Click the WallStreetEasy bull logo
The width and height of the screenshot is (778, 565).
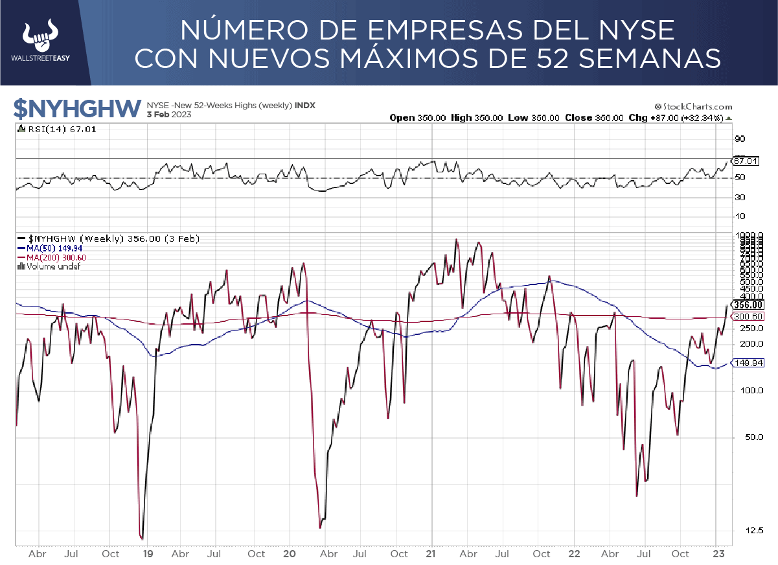(x=41, y=38)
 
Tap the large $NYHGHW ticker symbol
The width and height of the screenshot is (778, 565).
(x=78, y=109)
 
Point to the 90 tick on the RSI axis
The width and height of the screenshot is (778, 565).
(x=740, y=139)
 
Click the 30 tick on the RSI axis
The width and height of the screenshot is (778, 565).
(x=740, y=198)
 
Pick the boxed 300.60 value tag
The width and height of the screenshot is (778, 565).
(x=746, y=316)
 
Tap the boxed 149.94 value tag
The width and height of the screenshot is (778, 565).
(x=746, y=363)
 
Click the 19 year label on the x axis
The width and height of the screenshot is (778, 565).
(x=148, y=554)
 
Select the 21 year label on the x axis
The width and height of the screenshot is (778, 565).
(x=432, y=554)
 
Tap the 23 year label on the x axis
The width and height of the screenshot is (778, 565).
(x=716, y=554)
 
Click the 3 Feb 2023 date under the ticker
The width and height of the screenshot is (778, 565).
(x=169, y=115)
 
